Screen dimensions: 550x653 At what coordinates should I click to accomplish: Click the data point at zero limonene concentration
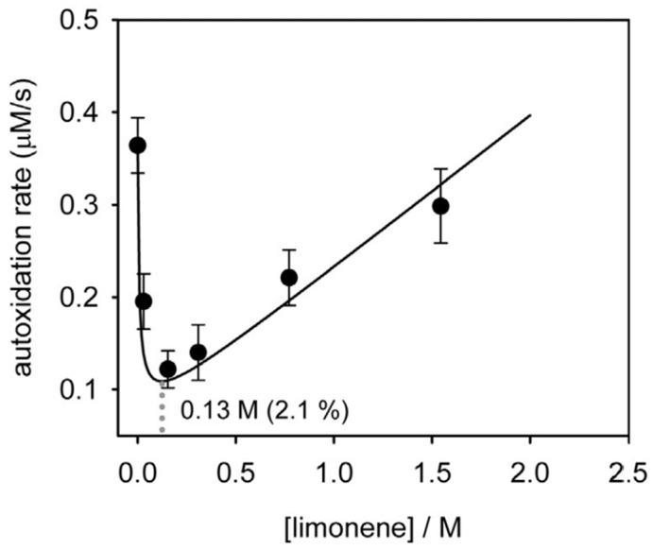pyautogui.click(x=138, y=146)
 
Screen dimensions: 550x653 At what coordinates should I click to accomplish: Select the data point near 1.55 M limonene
pyautogui.click(x=440, y=206)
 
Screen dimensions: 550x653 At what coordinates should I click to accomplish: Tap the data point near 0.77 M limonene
pyautogui.click(x=289, y=277)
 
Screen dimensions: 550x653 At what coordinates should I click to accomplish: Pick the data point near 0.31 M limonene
pyautogui.click(x=198, y=352)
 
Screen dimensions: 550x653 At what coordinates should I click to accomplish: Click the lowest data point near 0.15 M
pyautogui.click(x=168, y=369)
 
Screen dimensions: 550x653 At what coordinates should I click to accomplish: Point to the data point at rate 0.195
pyautogui.click(x=144, y=301)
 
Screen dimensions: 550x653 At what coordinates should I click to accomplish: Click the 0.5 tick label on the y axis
pyautogui.click(x=82, y=20)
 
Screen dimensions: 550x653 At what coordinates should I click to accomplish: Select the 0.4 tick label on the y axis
pyautogui.click(x=82, y=112)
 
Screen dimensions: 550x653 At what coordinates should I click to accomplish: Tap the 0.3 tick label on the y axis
pyautogui.click(x=82, y=205)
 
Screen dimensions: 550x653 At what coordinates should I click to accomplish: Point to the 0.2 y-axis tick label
pyautogui.click(x=82, y=298)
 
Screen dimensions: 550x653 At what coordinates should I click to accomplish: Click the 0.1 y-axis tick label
pyautogui.click(x=82, y=389)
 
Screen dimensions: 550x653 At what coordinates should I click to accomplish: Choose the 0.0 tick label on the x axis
pyautogui.click(x=138, y=470)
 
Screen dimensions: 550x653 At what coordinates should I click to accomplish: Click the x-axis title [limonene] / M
pyautogui.click(x=382, y=523)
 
